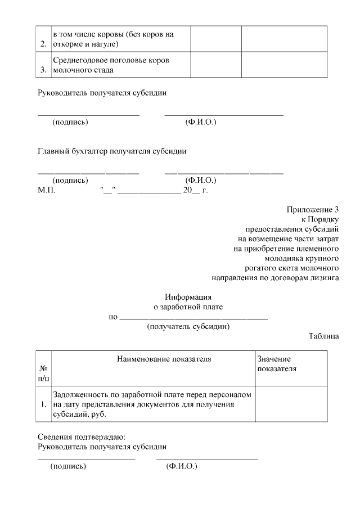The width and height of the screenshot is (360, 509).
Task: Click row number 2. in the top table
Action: pyautogui.click(x=43, y=43)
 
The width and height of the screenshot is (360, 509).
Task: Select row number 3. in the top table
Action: pyautogui.click(x=43, y=70)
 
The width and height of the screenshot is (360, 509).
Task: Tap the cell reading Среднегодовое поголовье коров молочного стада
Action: pyautogui.click(x=111, y=65)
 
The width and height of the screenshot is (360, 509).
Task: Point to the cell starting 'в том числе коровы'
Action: pyautogui.click(x=112, y=38)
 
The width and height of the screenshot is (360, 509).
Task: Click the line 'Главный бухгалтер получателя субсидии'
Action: pyautogui.click(x=112, y=151)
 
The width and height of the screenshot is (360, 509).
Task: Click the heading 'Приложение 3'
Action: pyautogui.click(x=313, y=210)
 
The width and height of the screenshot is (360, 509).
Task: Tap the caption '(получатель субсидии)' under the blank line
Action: pyautogui.click(x=188, y=326)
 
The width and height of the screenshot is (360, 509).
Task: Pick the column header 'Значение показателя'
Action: pyautogui.click(x=276, y=363)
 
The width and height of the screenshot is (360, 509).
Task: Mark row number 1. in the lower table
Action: pyautogui.click(x=43, y=404)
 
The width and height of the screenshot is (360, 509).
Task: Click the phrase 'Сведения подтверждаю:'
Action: pyautogui.click(x=82, y=436)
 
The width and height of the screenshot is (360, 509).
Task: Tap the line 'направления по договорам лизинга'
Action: pyautogui.click(x=275, y=277)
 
